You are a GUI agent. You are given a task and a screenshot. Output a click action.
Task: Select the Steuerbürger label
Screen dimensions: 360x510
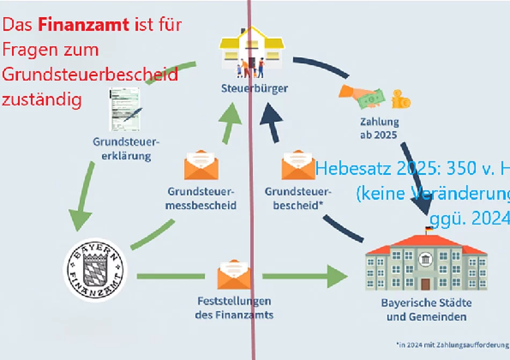pyautogui.click(x=254, y=88)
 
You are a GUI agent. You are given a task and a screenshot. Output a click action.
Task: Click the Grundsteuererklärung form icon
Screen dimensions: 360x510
pyautogui.click(x=125, y=109)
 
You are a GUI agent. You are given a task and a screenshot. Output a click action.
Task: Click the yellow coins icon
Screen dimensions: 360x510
pyautogui.click(x=400, y=99)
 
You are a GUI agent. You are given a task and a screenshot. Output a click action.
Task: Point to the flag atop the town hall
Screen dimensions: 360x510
pyautogui.click(x=429, y=230)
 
